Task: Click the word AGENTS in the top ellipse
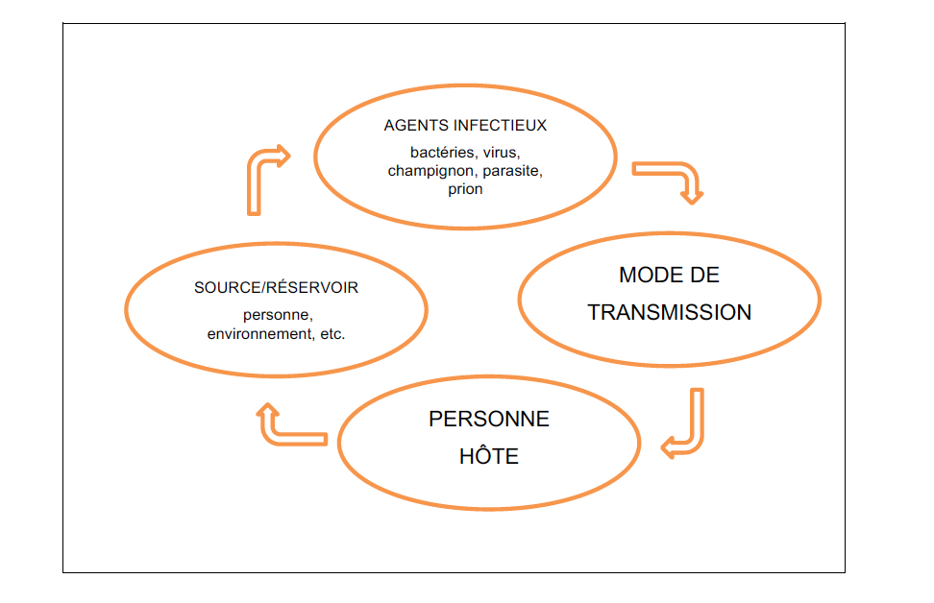[x=412, y=126]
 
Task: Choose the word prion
[x=465, y=189]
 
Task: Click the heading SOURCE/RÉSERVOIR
[x=276, y=288]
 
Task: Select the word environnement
[x=257, y=334]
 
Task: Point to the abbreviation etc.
[x=329, y=334]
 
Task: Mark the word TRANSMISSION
[x=670, y=313]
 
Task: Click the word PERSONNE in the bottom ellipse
[x=489, y=420]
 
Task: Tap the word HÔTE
[x=489, y=456]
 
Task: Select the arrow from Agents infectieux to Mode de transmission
[x=673, y=178]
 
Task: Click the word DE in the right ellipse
[x=706, y=276]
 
